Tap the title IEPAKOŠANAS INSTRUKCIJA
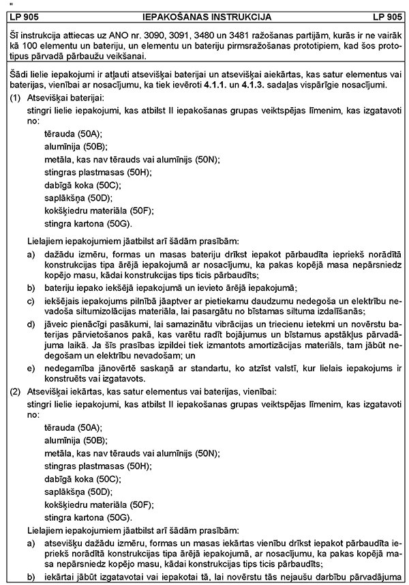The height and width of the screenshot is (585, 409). (x=204, y=16)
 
